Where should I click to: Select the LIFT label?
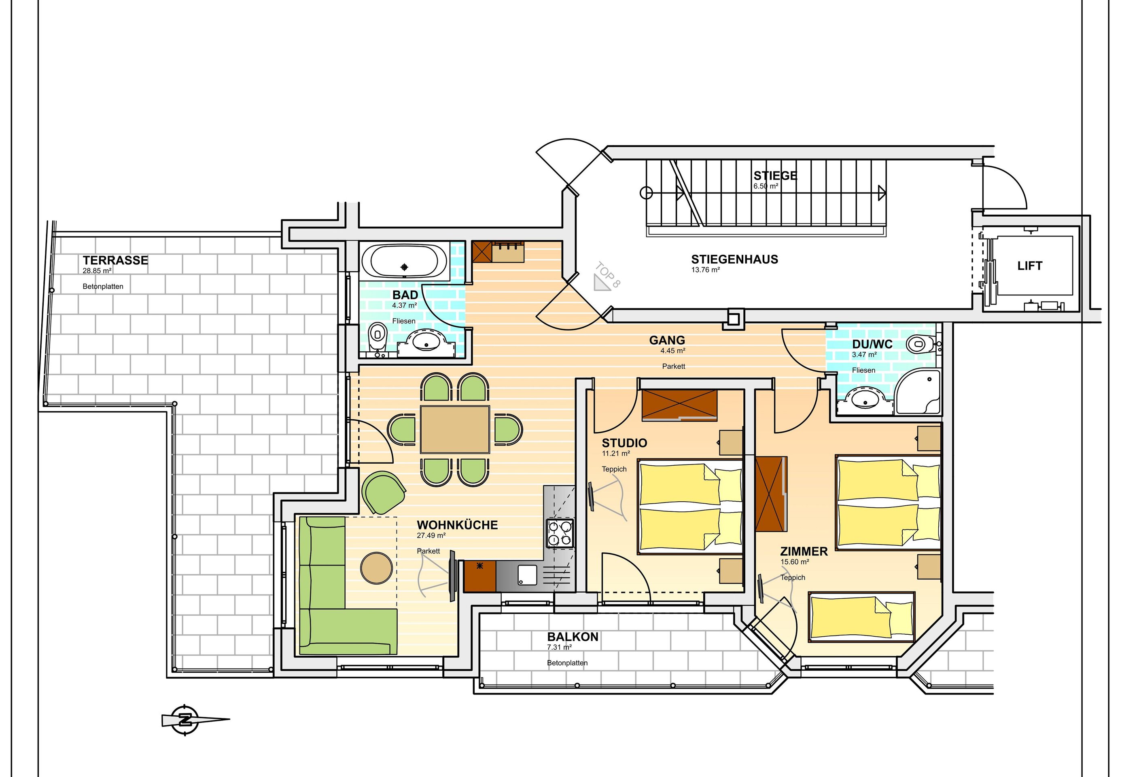[1029, 266]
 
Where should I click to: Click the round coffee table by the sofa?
[377, 568]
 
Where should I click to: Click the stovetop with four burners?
[560, 533]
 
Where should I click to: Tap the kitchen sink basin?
[527, 575]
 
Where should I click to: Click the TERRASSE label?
[115, 260]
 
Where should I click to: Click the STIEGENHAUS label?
[734, 260]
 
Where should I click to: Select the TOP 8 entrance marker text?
[607, 274]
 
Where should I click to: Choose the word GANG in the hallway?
[667, 340]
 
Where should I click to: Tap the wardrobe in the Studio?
[679, 405]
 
